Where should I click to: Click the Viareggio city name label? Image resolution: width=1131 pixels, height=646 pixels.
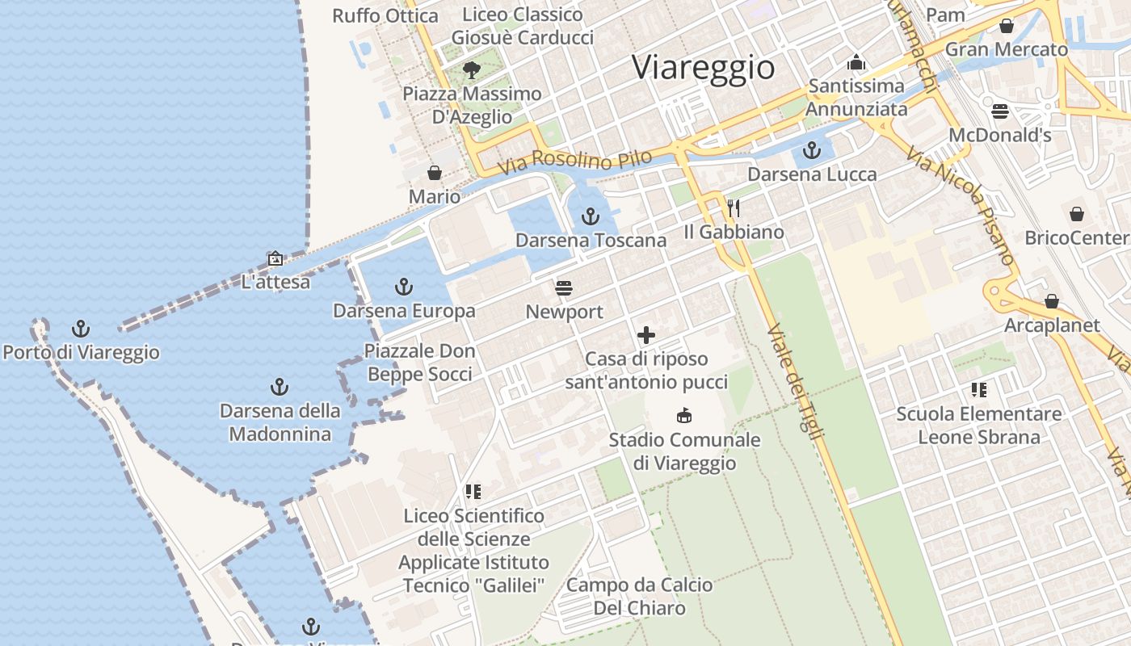[x=703, y=66]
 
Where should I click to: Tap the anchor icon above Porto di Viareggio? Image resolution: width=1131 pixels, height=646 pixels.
[x=80, y=329]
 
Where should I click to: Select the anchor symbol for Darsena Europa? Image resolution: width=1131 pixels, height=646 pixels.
[x=403, y=287]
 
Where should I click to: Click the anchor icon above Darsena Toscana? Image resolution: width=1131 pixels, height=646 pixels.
[x=591, y=216]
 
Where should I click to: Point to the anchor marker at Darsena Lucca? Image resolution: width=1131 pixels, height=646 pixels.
[x=811, y=150]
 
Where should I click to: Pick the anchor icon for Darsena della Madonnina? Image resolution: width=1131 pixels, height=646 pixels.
[x=279, y=387]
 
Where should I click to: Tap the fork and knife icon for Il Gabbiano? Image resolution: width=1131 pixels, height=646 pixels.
[x=734, y=208]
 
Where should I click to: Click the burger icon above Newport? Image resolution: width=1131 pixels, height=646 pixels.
[x=564, y=288]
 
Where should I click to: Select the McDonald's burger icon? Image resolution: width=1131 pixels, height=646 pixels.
[x=1000, y=111]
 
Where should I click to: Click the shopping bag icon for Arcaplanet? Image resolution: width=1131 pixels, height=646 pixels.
[x=1051, y=301]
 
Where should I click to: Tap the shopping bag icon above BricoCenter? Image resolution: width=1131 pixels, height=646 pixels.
[x=1076, y=214]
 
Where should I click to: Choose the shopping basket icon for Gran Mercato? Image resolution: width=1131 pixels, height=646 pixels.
[x=1006, y=26]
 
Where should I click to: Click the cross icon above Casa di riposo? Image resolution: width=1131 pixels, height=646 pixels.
[x=645, y=335]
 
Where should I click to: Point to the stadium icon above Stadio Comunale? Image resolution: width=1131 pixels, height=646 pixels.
[x=684, y=416]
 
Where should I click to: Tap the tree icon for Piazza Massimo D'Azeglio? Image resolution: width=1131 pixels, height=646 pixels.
[x=472, y=70]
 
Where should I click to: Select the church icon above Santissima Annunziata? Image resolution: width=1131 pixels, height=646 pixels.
[x=856, y=62]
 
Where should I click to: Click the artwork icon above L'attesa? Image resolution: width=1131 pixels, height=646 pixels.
[x=275, y=259]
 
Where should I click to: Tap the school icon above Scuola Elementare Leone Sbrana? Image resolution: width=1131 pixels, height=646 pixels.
[x=979, y=391]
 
